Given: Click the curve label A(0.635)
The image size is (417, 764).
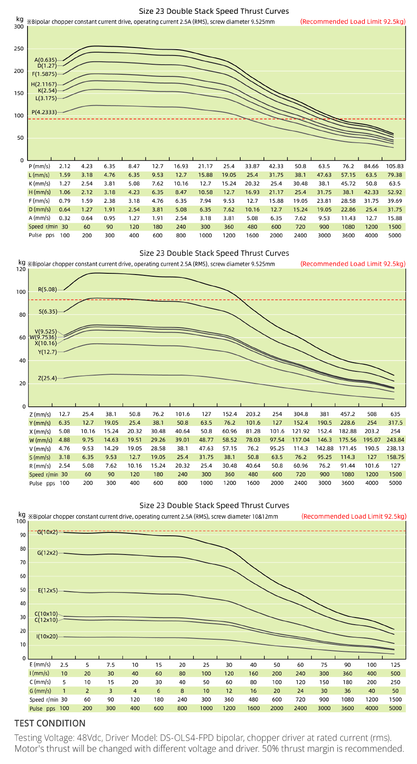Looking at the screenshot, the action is [x=45, y=60].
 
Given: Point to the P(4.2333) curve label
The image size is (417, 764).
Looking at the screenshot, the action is [x=44, y=112].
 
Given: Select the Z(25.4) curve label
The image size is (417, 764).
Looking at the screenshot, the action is [x=47, y=378].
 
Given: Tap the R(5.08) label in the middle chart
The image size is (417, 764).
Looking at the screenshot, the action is [x=48, y=289].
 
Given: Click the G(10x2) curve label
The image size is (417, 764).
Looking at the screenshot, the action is [x=48, y=532].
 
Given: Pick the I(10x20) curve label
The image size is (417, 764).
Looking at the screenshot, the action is [x=47, y=636].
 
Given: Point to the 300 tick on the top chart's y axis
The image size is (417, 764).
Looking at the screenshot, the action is [x=19, y=27].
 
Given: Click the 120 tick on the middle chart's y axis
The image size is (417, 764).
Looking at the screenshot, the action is [x=21, y=269].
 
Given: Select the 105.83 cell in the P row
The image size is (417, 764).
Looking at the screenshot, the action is [x=394, y=166].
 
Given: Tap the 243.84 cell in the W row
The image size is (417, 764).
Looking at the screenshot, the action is [x=395, y=440].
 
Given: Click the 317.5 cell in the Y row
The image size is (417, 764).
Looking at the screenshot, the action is [x=395, y=423].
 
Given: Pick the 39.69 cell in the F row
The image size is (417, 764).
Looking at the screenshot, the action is [x=395, y=201].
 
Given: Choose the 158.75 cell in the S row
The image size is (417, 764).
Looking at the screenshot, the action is [x=395, y=457].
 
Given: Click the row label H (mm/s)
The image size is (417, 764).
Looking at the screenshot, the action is [x=40, y=192].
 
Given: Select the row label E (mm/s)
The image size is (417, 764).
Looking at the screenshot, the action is [x=40, y=664].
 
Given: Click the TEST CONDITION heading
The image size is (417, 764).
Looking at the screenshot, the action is [x=50, y=723].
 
